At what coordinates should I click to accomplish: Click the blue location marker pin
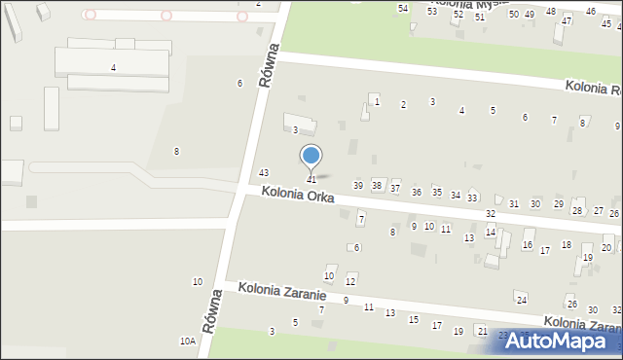pos(311,157)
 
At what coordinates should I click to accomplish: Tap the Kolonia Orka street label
pos(298,195)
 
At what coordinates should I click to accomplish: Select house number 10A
pos(187,342)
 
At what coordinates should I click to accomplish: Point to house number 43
pos(263,172)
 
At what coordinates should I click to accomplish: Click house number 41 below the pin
pos(311,180)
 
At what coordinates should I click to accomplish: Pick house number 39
pos(358,185)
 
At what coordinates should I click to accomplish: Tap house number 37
pos(395,188)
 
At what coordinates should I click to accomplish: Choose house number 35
pos(437,193)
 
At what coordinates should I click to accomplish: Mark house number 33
pos(472,198)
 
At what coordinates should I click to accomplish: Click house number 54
pos(403,8)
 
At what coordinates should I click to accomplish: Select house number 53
pos(432,11)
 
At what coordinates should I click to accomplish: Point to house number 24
pos(522,299)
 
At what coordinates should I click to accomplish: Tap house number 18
pos(567,244)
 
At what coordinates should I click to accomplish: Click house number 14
pos(491,233)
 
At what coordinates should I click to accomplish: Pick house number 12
pos(350,281)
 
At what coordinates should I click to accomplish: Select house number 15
pos(414,319)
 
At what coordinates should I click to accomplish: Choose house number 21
pos(482,331)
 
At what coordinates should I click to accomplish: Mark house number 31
pos(514,203)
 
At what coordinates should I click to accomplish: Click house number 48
pos(551,11)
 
